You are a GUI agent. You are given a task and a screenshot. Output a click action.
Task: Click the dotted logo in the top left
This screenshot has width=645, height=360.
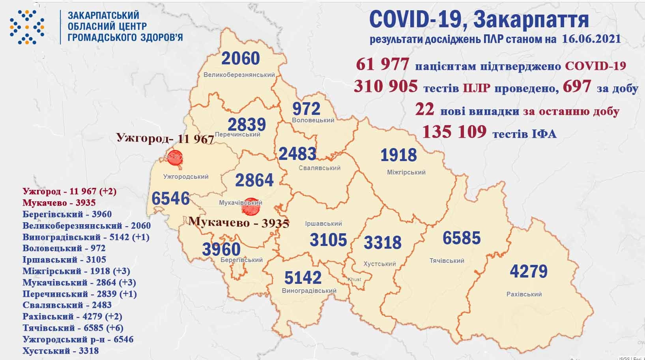[27, 27]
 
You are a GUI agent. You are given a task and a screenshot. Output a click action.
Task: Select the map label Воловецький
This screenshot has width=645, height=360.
[313, 120]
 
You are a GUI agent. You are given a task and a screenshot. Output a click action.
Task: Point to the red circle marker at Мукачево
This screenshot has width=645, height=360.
[251, 207]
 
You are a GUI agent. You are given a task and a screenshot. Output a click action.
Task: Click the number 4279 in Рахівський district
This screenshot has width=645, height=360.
[529, 272]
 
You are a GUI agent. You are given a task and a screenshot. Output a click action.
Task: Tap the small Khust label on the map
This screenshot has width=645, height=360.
[354, 279]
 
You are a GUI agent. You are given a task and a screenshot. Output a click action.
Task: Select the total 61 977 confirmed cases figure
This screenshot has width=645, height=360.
[382, 64]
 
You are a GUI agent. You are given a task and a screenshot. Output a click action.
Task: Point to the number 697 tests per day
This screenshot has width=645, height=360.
[577, 86]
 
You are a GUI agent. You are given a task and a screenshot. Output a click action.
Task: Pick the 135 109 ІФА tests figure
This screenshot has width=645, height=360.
[454, 132]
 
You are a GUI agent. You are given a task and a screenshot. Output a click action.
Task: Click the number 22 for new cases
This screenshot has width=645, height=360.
[424, 110]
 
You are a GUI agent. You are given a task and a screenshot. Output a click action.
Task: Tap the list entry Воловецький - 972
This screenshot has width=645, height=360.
[64, 248]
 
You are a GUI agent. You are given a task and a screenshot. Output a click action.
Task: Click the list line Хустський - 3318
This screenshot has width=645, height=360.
[61, 351]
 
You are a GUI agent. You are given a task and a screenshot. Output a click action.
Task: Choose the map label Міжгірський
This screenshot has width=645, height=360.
[406, 172]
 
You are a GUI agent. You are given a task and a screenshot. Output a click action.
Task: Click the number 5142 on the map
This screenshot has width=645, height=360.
[303, 278]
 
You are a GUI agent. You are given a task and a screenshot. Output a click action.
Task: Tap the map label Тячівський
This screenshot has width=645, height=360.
[447, 261]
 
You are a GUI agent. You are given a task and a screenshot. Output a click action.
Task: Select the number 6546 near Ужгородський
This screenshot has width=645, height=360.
[170, 198]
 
